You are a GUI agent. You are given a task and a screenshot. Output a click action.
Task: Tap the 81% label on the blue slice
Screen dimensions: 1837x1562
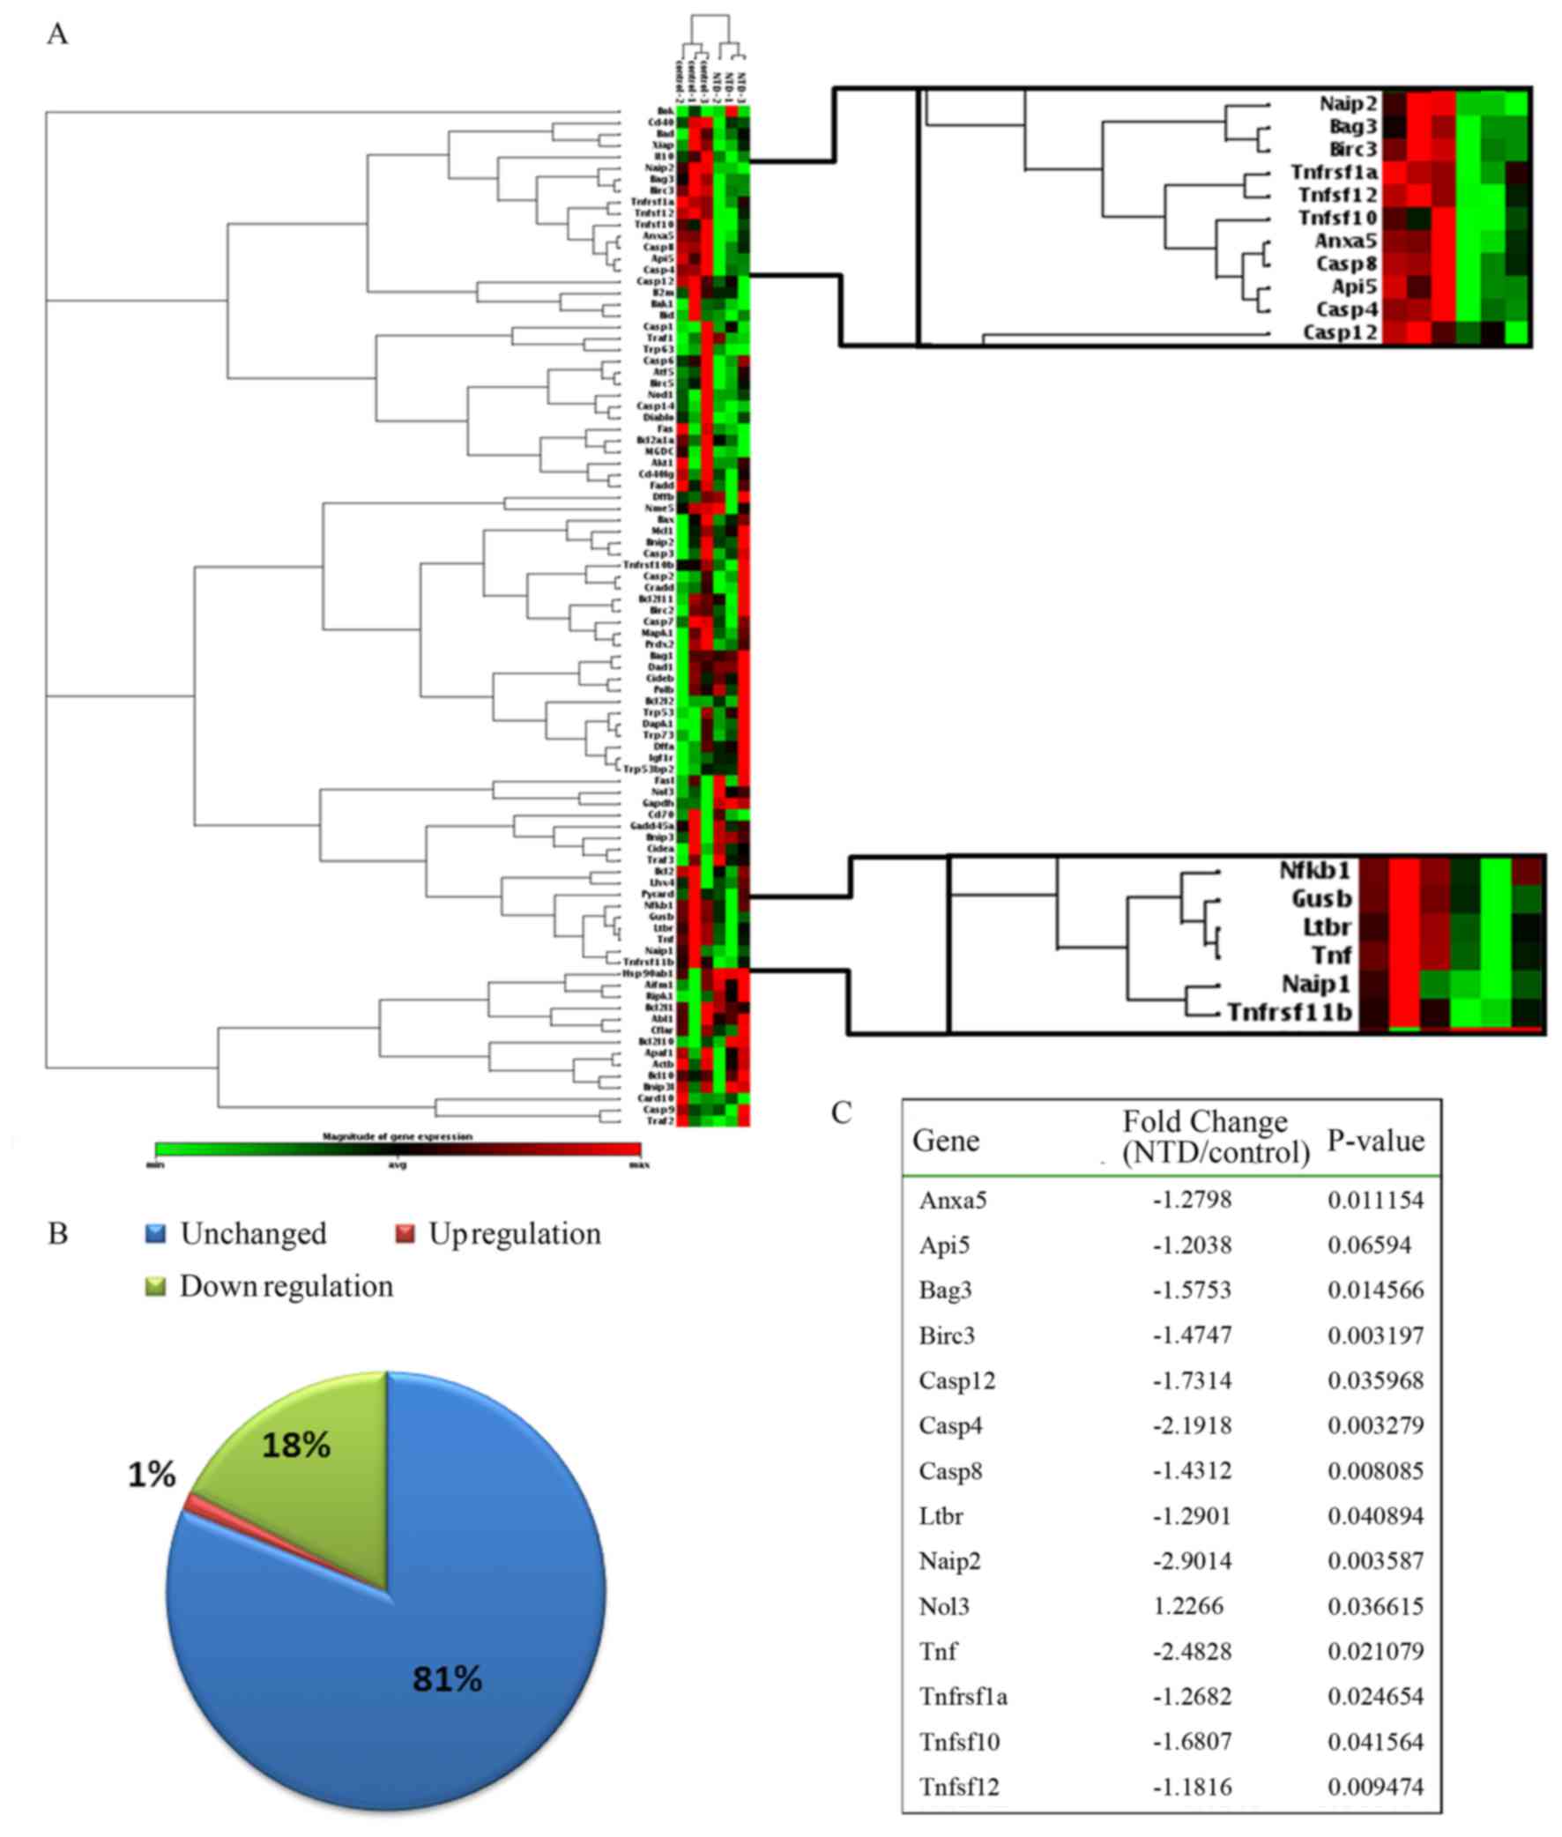447,1677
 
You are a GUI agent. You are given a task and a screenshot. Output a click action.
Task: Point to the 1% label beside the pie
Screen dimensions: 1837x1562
152,1474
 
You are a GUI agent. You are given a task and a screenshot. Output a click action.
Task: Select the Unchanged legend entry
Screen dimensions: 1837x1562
236,1233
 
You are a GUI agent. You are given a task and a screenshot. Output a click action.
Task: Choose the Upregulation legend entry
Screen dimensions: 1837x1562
499,1233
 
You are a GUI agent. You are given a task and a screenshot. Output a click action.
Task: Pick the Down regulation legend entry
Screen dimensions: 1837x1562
270,1285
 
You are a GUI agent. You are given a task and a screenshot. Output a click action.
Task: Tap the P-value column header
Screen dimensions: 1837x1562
1375,1141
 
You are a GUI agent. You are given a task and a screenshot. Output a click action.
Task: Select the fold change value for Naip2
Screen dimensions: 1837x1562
1191,1560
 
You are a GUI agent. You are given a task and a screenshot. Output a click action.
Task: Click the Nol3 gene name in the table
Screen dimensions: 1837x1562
944,1605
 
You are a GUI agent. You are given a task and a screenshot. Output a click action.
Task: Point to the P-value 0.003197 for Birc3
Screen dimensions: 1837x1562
1375,1335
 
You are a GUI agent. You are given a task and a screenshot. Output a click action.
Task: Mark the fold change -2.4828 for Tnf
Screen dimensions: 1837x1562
1191,1650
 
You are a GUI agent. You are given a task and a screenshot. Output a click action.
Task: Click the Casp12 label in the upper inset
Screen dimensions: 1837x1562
1340,332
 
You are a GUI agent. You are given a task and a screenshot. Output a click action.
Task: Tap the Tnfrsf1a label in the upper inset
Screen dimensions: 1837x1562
1334,172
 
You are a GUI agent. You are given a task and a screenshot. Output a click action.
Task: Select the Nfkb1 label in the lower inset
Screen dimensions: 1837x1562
1314,870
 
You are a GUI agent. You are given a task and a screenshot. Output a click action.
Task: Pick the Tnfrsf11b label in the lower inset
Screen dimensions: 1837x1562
1291,1012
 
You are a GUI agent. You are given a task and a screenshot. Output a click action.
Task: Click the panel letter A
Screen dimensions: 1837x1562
57,34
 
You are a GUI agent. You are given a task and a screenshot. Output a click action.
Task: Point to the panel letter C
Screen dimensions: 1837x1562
841,1112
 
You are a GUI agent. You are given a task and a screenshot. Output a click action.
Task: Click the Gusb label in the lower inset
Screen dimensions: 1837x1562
1321,898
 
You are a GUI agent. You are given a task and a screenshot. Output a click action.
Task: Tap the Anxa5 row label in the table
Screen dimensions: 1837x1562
953,1200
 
